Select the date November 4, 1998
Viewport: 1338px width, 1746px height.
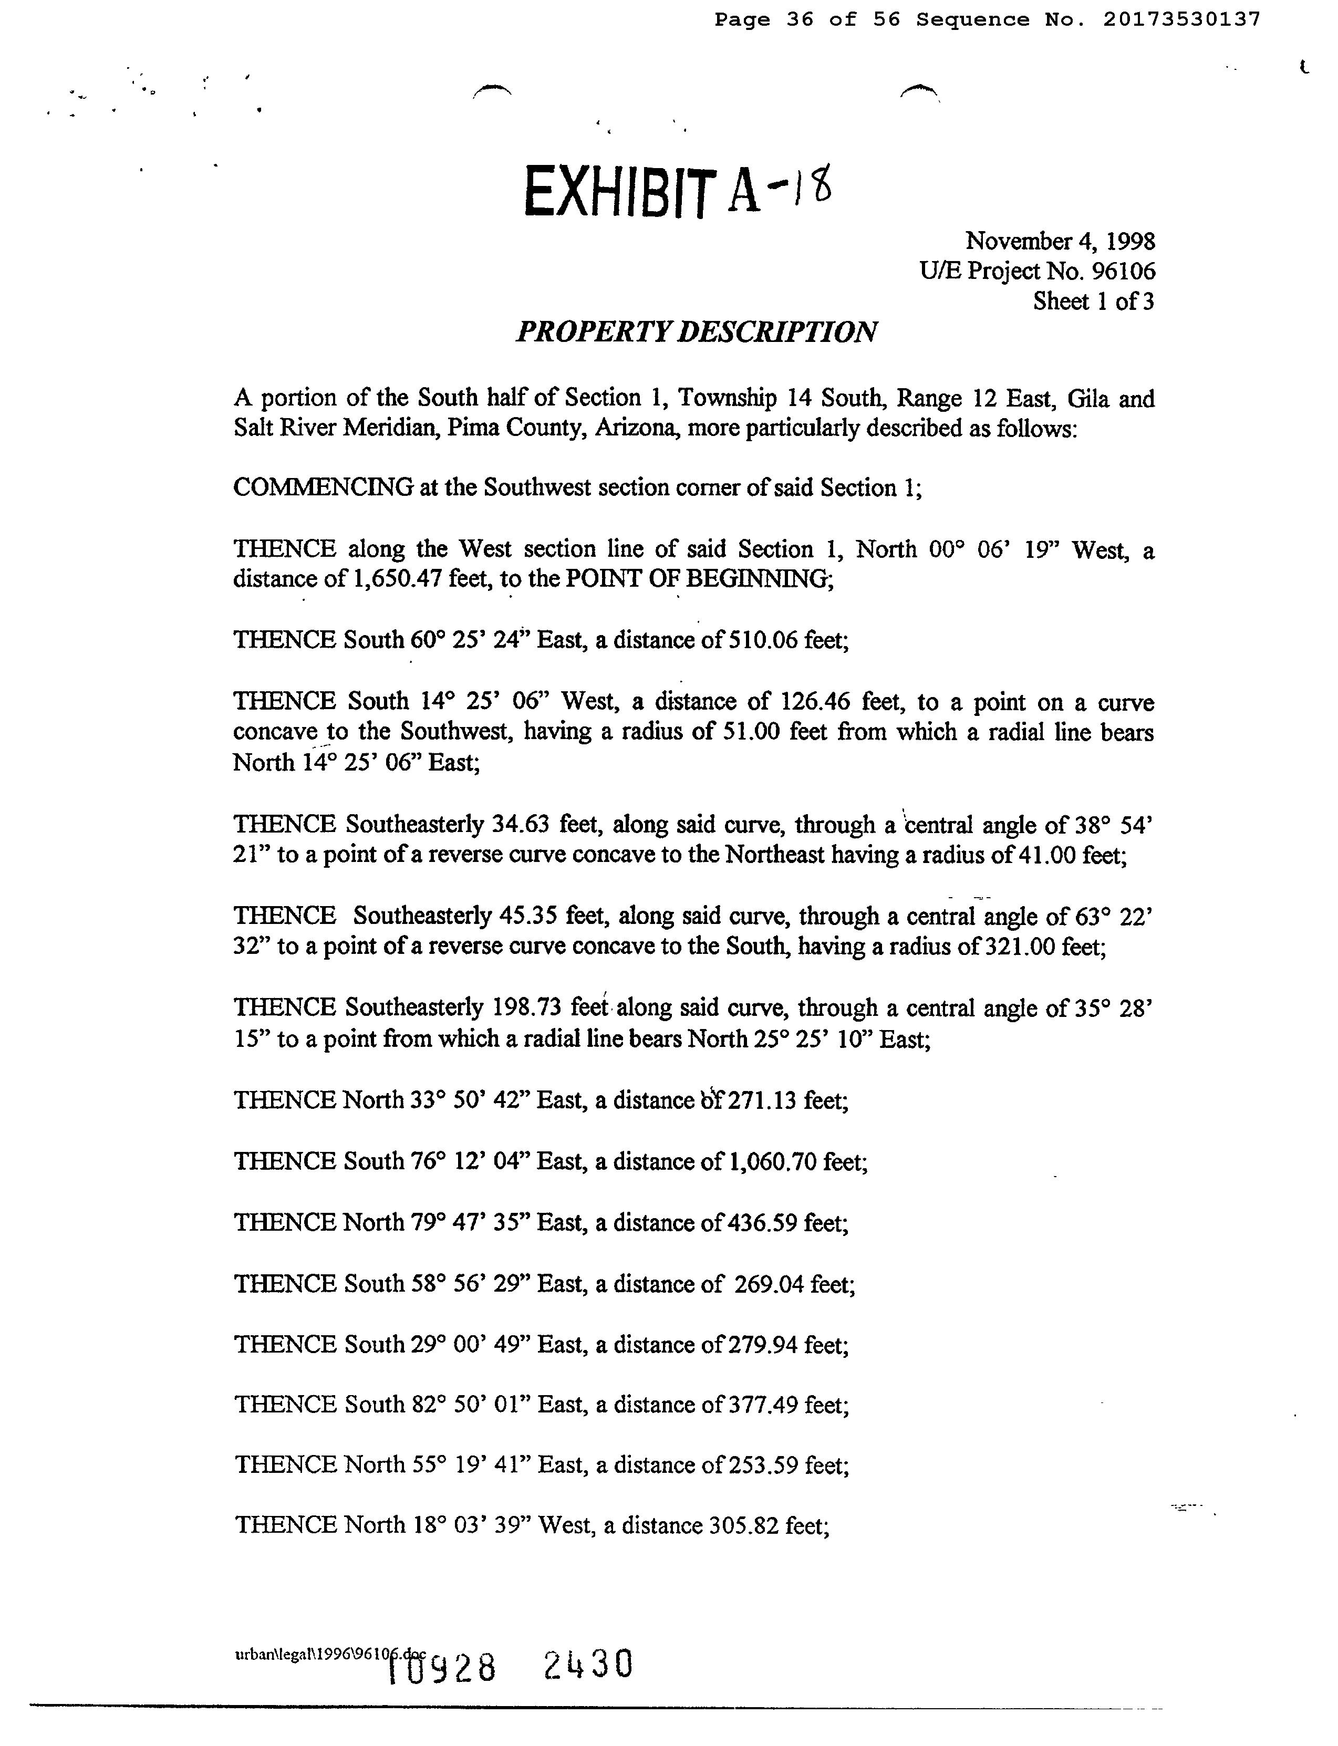[1060, 241]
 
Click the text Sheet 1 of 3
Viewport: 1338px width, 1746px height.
[1094, 302]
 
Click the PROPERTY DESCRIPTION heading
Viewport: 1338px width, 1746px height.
[697, 331]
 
